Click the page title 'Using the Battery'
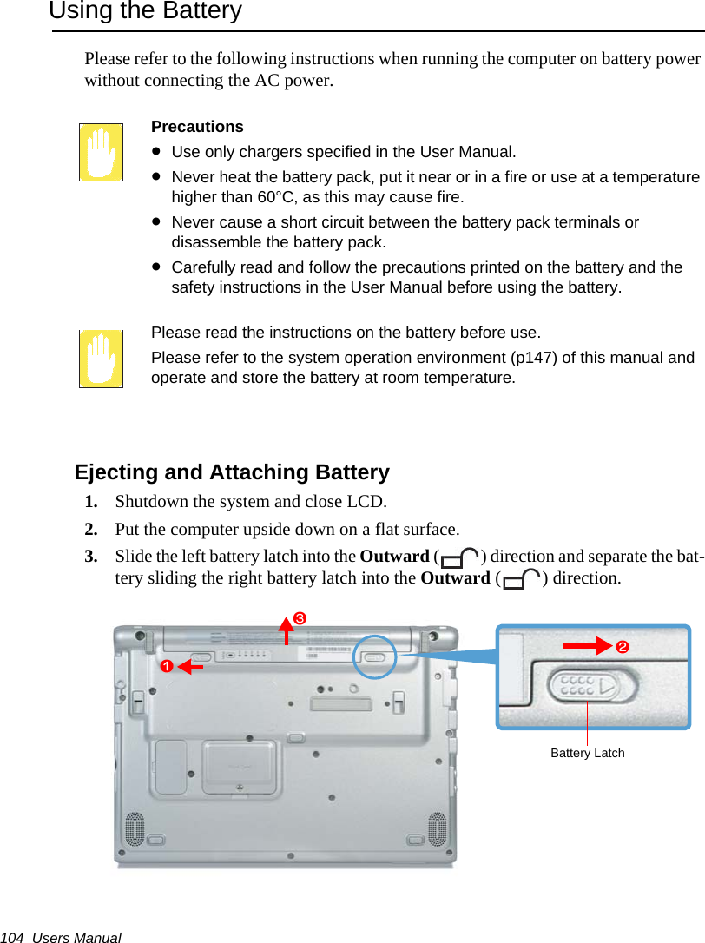click(x=145, y=12)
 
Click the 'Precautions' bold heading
click(x=197, y=127)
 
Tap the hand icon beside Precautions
click(x=101, y=152)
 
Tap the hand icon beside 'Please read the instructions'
click(x=101, y=358)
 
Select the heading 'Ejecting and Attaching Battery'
click(x=232, y=472)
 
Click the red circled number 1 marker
click(x=164, y=666)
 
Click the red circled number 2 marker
click(x=622, y=649)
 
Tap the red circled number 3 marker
click(x=298, y=618)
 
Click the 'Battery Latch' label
click(x=587, y=753)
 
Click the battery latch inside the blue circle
click(x=374, y=658)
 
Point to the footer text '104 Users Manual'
click(x=61, y=938)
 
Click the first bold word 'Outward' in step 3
click(x=394, y=557)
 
